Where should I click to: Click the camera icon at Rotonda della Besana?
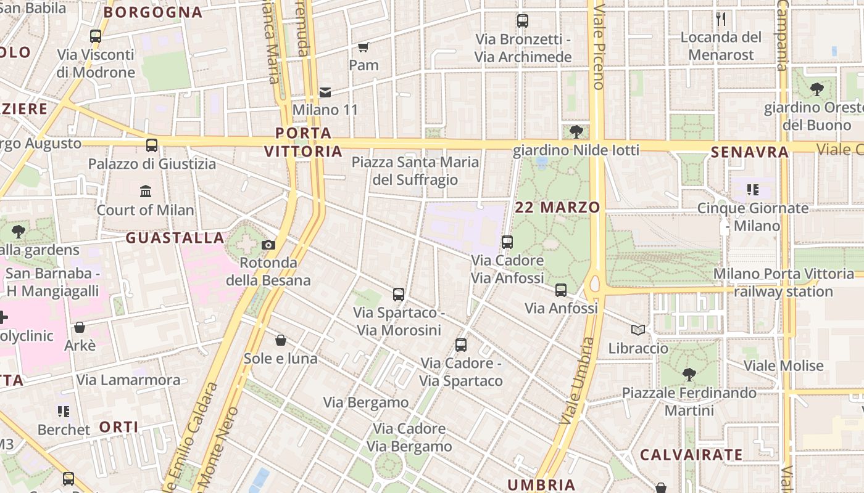click(x=268, y=245)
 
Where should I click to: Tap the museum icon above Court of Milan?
click(x=146, y=192)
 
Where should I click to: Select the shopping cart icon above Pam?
click(x=363, y=47)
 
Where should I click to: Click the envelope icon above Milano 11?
click(x=325, y=92)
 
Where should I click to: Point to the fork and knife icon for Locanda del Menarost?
click(x=721, y=19)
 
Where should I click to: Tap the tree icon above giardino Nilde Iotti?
click(x=576, y=131)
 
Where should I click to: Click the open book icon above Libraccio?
click(x=638, y=330)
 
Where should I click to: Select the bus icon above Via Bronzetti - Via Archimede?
click(x=523, y=21)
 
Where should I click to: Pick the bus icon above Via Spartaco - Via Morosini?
click(x=399, y=295)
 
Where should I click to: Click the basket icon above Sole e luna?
click(x=281, y=340)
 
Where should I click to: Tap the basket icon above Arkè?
click(x=80, y=327)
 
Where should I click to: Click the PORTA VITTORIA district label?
click(x=303, y=142)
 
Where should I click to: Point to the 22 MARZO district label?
click(x=557, y=208)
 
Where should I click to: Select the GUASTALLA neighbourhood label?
click(x=175, y=238)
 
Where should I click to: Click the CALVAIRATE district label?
click(x=691, y=455)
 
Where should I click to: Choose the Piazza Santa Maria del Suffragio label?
click(x=415, y=171)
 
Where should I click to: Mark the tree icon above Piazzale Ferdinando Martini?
click(x=689, y=374)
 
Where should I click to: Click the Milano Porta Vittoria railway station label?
click(x=784, y=282)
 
